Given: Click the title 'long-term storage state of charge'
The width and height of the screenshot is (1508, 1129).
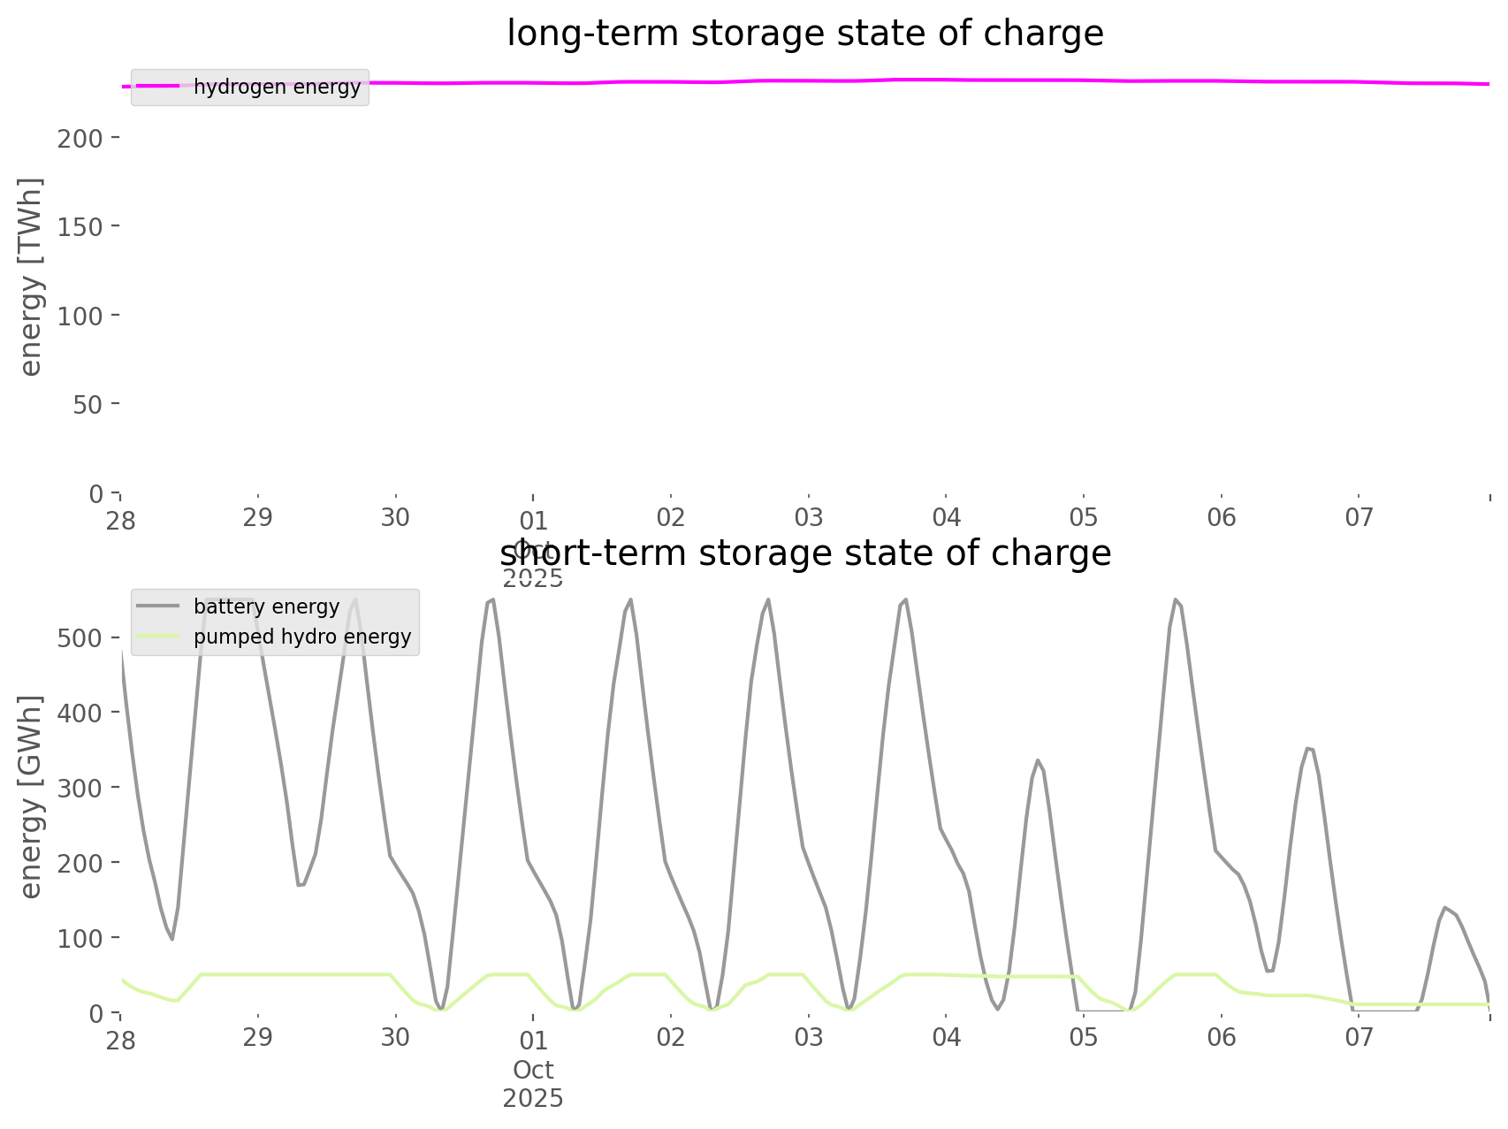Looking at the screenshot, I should coord(804,34).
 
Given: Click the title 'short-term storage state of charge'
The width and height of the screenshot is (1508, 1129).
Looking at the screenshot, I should coord(804,553).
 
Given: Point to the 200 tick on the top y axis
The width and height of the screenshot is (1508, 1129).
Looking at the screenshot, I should coord(81,138).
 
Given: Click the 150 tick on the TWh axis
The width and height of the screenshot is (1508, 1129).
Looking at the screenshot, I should coord(81,226).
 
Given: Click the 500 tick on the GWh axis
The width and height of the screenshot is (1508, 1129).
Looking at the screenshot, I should coord(81,637).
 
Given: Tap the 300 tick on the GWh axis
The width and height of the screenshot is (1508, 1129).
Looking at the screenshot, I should coord(81,787).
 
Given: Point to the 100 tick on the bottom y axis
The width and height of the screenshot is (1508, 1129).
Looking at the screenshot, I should coord(81,937).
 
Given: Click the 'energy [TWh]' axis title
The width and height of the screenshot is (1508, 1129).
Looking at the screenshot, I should coord(30,277).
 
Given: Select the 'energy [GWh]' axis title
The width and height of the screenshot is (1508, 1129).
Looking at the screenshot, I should coord(30,797).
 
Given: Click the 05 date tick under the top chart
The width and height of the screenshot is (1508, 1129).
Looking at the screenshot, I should coord(1084,517).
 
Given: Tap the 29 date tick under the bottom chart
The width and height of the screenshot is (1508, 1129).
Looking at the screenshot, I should coord(257,1037).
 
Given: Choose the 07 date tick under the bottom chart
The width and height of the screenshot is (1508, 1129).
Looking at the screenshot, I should coord(1359,1037).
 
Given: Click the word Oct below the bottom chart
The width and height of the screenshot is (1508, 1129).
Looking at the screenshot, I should coord(533,1070).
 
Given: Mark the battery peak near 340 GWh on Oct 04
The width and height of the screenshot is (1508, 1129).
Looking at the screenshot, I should coord(1038,759).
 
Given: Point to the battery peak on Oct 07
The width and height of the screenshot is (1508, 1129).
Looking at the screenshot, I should coord(1445,907).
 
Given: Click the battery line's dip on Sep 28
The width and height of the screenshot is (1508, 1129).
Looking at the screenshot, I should coord(172,939).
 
